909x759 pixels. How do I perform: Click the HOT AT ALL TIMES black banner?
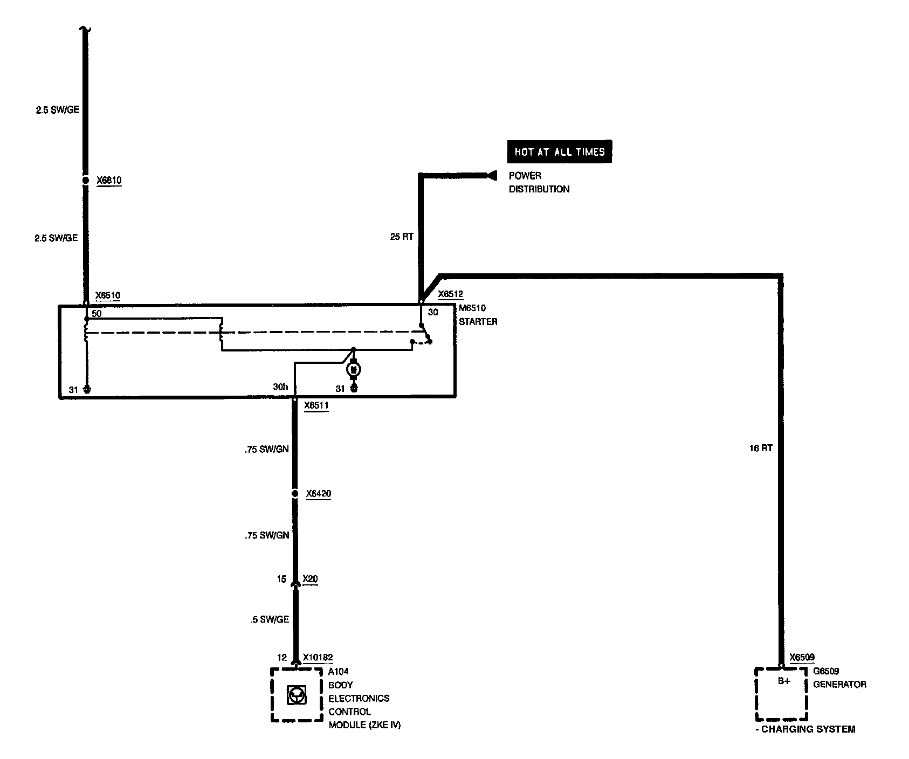click(x=559, y=152)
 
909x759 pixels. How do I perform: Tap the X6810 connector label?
click(x=109, y=181)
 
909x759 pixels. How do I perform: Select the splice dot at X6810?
click(x=85, y=181)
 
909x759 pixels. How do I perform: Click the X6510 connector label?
click(x=108, y=295)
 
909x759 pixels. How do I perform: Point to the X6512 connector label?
click(x=450, y=294)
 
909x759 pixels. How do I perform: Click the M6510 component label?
click(x=472, y=308)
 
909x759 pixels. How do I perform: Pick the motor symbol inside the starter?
click(x=354, y=369)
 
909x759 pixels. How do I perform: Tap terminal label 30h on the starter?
click(x=280, y=387)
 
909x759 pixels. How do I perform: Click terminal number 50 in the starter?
click(x=97, y=313)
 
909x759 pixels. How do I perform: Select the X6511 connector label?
click(x=316, y=405)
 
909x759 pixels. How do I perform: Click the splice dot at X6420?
click(x=294, y=494)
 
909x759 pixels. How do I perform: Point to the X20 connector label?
click(x=310, y=579)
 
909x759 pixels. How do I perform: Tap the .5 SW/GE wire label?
click(x=270, y=620)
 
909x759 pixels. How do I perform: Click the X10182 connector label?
click(x=318, y=658)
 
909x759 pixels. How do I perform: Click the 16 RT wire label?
click(x=761, y=448)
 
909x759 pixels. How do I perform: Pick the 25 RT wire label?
click(x=402, y=237)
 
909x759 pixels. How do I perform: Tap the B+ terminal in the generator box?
click(x=784, y=681)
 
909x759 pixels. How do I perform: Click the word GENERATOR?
click(x=839, y=685)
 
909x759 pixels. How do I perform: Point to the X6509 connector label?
click(x=802, y=658)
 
